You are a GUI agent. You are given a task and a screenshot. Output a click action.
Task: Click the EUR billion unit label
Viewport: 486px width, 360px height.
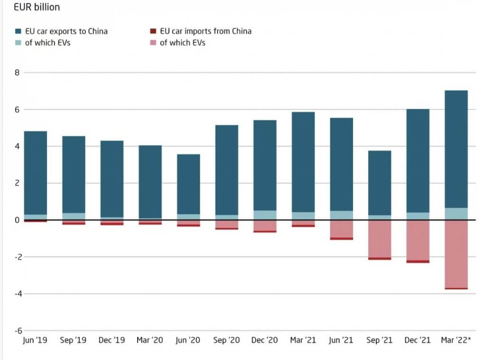tap(37, 7)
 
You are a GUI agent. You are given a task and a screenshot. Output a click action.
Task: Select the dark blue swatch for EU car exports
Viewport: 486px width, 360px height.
tap(18, 31)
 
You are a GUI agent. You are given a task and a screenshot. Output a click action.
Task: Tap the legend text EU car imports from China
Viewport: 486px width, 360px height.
tap(206, 31)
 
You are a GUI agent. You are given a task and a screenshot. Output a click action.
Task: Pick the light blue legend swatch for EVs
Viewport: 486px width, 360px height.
tap(18, 43)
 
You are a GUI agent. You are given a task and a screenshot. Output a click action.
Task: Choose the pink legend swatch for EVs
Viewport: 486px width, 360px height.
tap(152, 43)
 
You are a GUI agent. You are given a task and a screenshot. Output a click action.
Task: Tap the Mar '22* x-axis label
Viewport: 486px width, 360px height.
tap(456, 340)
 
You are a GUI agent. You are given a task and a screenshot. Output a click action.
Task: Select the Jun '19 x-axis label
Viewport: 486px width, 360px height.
tap(35, 340)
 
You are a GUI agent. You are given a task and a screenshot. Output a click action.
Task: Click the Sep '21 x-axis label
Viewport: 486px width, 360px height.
tap(380, 340)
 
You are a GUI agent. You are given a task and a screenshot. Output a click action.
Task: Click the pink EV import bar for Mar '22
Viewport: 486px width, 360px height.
tap(456, 254)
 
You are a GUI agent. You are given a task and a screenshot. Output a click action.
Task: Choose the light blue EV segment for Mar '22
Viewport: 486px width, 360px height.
tap(456, 214)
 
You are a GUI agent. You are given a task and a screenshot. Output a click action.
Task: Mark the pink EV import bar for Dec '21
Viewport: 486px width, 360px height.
tap(418, 240)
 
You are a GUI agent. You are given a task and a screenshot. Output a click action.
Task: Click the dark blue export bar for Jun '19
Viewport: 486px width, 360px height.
tap(36, 173)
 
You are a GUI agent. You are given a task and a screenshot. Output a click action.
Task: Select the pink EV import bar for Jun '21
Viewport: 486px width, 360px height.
tap(342, 228)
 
